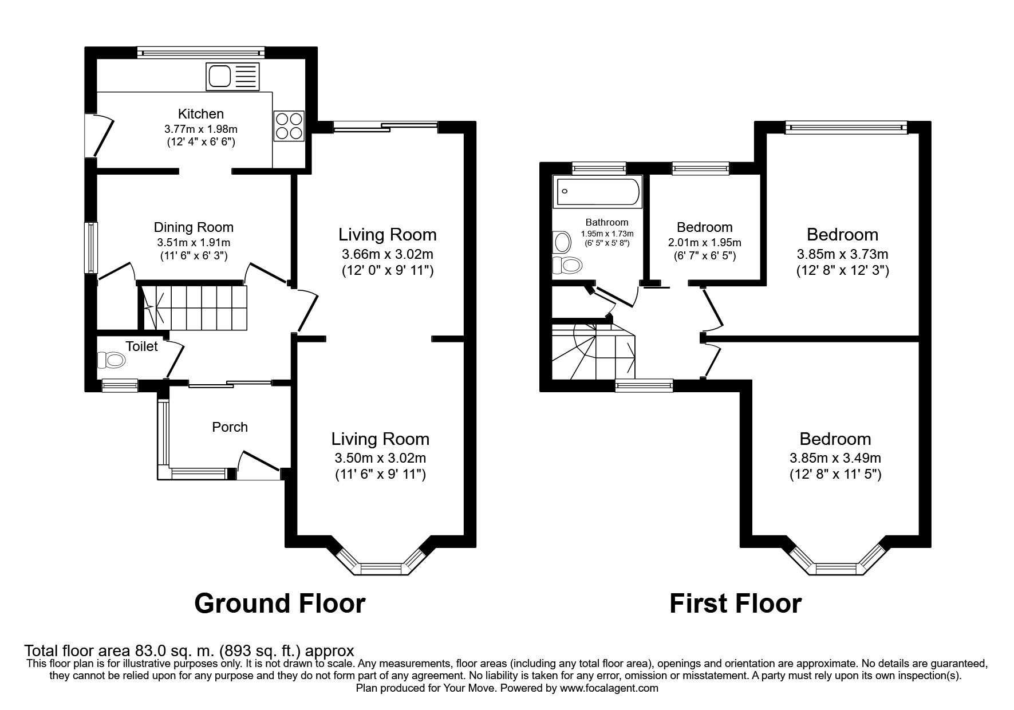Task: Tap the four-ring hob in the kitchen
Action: (289, 125)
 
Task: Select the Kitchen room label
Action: (200, 113)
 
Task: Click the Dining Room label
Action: (194, 227)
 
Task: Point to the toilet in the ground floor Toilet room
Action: (112, 360)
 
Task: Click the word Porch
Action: (230, 427)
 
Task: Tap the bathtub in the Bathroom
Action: (597, 192)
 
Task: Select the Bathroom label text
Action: (607, 222)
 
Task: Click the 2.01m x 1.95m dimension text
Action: (704, 242)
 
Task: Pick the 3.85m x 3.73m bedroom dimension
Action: (842, 254)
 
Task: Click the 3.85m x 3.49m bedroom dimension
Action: (835, 458)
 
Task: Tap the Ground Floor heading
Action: (279, 603)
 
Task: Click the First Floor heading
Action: (735, 603)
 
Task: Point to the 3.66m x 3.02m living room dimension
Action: (387, 254)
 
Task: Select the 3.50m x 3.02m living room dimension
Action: (380, 458)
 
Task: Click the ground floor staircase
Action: (194, 307)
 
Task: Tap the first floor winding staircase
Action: (593, 352)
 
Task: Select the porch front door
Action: (259, 464)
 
